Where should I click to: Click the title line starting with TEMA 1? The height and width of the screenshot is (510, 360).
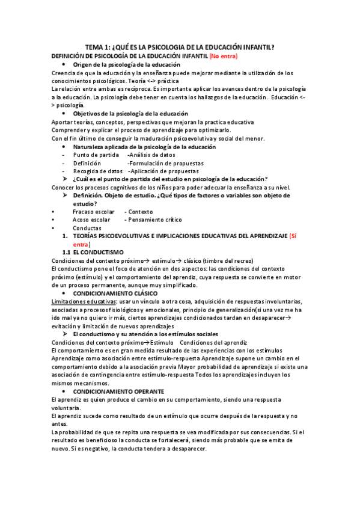(180, 47)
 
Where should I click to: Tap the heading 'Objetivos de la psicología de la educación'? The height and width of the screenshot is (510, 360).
(130, 114)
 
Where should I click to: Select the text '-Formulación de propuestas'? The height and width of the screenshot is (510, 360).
(165, 163)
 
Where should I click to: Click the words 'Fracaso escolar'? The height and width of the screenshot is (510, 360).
(93, 212)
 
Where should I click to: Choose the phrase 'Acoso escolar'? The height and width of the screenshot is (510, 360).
(91, 220)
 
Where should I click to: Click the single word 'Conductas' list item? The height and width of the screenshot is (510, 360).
(87, 229)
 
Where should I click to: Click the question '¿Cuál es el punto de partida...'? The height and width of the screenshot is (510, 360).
(170, 179)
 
